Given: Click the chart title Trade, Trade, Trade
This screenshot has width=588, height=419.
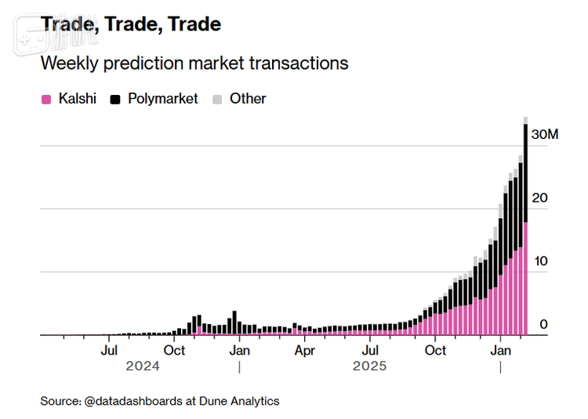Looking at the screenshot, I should (131, 24).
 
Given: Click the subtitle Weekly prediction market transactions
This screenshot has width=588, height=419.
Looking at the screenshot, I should (194, 63).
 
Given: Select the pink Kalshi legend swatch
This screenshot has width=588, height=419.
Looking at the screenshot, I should (46, 100).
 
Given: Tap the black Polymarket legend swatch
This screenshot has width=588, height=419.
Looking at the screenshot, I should (115, 100).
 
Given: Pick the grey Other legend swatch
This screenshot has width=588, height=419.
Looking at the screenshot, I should (218, 100).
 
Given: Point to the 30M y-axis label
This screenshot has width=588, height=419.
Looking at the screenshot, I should (544, 135).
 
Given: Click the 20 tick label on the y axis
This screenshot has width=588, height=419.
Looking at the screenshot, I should (539, 198).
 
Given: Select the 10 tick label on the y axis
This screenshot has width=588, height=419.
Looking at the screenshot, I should (539, 261).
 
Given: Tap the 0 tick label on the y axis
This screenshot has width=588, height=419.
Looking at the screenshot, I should (543, 324).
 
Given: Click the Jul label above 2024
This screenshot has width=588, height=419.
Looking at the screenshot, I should (109, 351).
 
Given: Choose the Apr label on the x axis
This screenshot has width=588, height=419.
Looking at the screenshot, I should (305, 351).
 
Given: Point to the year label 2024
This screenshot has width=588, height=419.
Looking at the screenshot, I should (142, 366).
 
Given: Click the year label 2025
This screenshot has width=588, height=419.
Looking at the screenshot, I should (369, 366).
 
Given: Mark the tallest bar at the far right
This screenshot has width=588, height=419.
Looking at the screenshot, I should (525, 228).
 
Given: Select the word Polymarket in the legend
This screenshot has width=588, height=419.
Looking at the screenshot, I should (163, 99).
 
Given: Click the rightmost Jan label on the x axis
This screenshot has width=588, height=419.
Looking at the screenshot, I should (500, 351).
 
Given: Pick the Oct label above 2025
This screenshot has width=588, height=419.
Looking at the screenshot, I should (435, 351).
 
